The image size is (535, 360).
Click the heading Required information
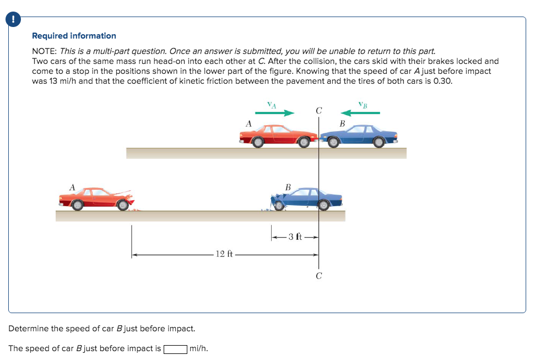pos(74,36)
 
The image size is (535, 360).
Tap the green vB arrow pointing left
pos(361,112)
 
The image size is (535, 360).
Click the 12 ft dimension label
pos(224,254)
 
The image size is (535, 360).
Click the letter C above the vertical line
pos(318,110)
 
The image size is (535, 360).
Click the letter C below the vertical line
pos(318,276)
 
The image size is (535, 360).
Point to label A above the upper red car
pos(248,124)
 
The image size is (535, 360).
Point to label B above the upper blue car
pos(342,123)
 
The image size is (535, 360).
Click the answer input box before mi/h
pos(175,349)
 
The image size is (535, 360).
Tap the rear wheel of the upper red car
pos(258,142)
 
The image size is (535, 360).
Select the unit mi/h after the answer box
pos(198,349)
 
